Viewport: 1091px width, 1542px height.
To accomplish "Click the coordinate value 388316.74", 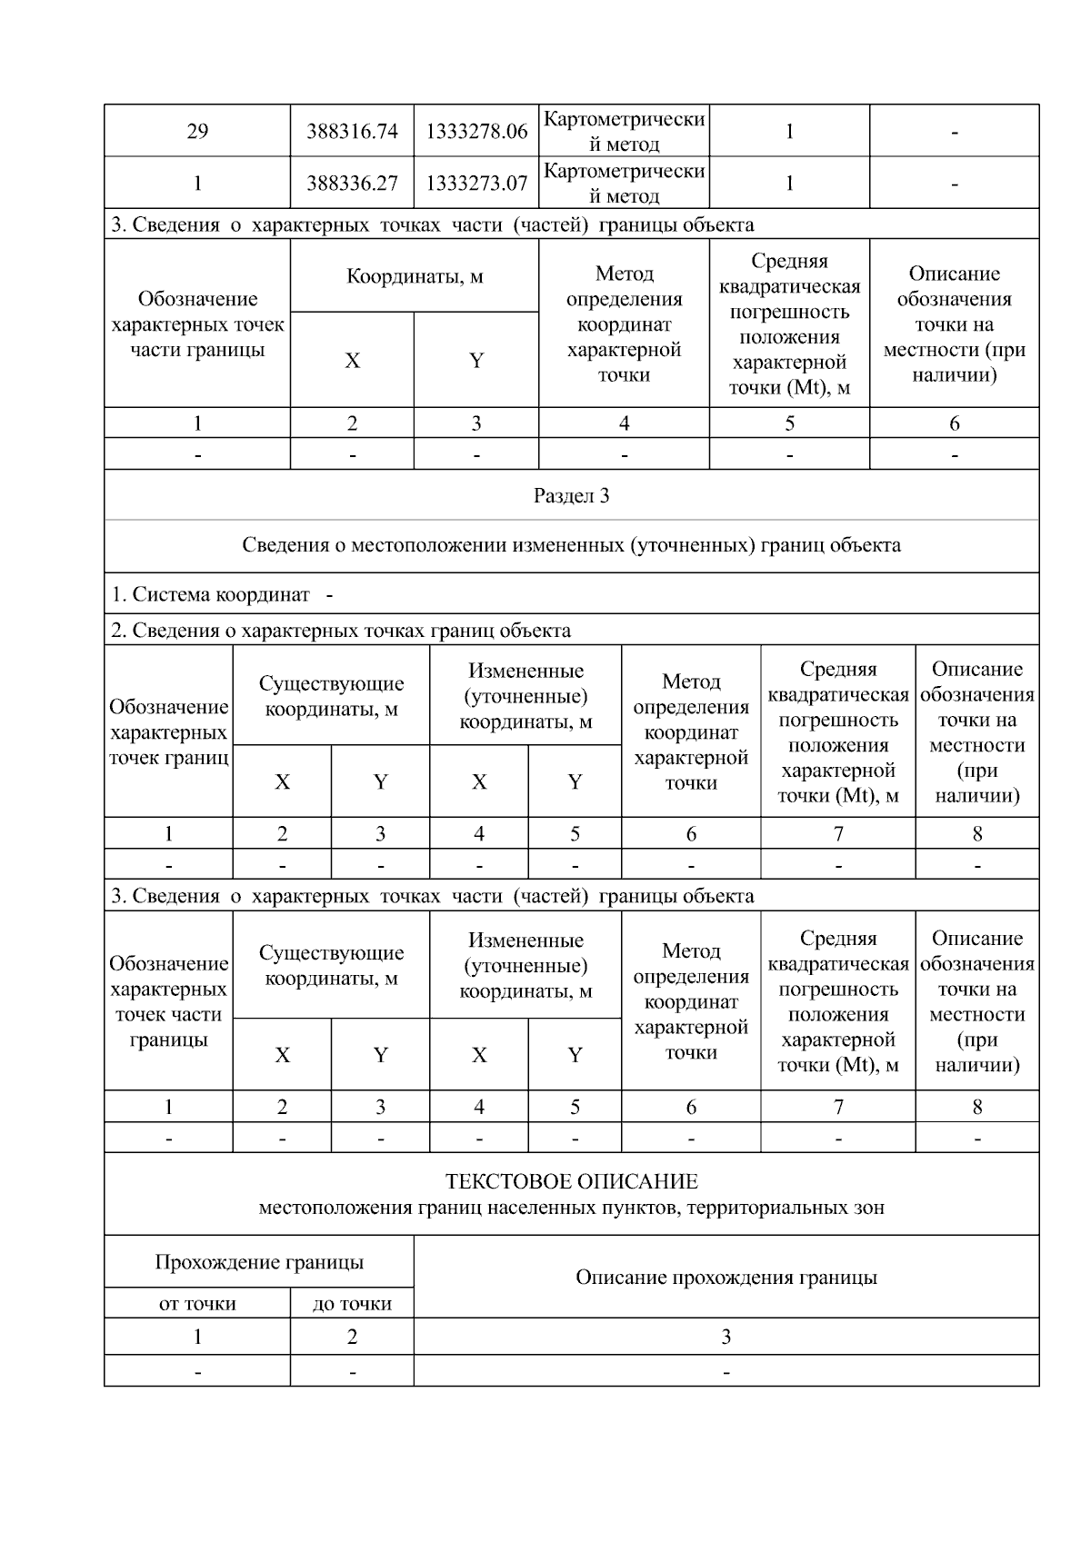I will point(352,132).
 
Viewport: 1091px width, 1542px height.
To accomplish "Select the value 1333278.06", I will point(476,132).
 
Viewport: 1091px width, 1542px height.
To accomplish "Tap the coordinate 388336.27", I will point(352,184).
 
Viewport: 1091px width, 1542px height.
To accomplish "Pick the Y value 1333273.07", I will point(476,184).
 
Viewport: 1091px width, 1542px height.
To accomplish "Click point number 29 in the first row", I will point(197,132).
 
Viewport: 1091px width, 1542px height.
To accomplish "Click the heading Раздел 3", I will point(571,496).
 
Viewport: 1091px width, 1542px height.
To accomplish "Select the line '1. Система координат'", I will point(210,595).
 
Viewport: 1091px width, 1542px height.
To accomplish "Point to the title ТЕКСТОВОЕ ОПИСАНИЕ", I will point(571,1182).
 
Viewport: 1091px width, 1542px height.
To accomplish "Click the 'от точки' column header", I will point(197,1304).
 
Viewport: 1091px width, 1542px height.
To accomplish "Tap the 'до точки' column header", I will point(352,1304).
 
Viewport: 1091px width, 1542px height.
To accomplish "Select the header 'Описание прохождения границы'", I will point(726,1278).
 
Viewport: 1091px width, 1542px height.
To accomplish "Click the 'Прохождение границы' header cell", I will point(259,1262).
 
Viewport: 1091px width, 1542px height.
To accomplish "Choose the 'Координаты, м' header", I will point(415,276).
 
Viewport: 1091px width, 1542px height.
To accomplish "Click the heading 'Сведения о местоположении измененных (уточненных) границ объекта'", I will point(571,545).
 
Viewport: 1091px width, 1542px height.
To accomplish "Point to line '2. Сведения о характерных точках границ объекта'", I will point(341,631).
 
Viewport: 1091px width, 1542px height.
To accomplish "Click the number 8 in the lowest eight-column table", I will point(977,1107).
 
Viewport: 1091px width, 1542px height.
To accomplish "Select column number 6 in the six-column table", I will point(954,423).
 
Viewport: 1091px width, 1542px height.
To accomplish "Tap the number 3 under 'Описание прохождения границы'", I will point(726,1337).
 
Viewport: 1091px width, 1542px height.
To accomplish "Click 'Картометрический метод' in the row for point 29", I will point(624,132).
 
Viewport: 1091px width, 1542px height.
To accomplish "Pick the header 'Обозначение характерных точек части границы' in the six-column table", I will point(197,324).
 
